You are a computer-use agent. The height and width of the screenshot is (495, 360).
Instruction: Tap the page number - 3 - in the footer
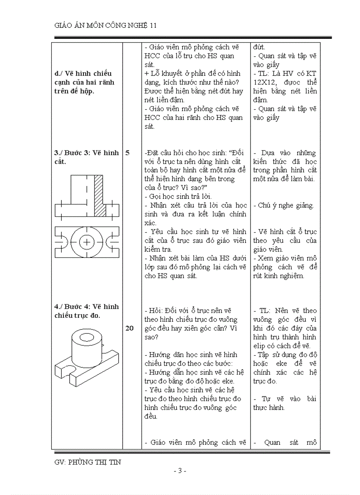180,471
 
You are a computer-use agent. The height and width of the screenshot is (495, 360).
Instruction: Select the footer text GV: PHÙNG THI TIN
88,462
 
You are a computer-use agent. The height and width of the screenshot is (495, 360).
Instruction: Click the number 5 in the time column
127,153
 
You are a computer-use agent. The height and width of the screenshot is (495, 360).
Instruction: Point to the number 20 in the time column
130,328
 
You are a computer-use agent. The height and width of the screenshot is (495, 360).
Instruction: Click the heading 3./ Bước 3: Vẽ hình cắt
86,157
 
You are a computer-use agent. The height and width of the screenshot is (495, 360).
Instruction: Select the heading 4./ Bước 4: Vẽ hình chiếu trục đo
86,311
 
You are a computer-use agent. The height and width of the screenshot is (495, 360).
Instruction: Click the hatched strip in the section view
99,195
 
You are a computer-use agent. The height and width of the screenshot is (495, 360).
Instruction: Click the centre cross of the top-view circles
87,242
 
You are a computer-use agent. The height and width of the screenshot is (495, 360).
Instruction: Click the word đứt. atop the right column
259,47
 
